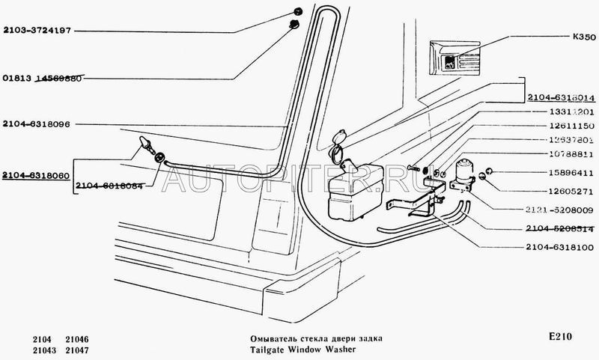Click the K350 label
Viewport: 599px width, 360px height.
(x=581, y=34)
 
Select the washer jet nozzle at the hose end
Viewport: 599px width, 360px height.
(x=142, y=144)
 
